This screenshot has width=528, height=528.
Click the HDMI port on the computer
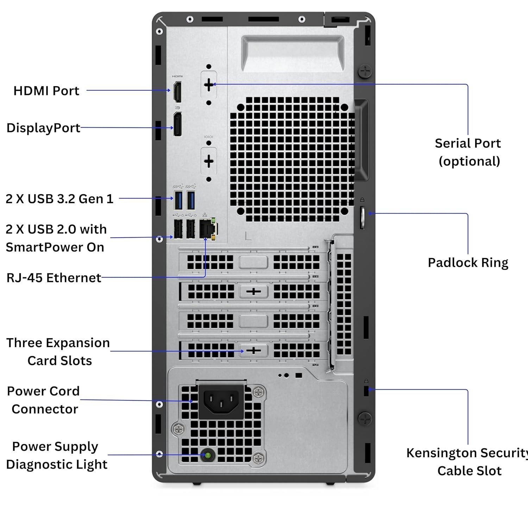coord(177,92)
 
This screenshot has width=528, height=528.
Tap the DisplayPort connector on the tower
coord(177,124)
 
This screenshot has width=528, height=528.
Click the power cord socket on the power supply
coord(221,402)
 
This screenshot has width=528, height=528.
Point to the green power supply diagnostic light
coord(208,455)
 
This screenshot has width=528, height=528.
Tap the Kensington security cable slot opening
coord(366,390)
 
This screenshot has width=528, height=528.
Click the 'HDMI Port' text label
coord(46,91)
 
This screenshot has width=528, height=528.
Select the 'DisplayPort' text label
coord(43,128)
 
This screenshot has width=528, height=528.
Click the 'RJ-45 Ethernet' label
coord(54,278)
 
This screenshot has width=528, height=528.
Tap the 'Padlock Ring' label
coord(468,263)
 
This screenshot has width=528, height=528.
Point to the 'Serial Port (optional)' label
coord(468,152)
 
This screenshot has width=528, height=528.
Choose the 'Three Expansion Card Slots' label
coord(58,352)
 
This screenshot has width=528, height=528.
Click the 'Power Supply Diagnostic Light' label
coord(56,455)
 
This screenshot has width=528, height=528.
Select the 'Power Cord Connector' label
coord(44,400)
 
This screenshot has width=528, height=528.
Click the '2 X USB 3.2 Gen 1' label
coord(59,199)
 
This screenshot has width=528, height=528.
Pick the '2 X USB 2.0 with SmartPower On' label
coord(56,238)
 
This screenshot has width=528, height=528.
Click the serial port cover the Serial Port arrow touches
coord(209,84)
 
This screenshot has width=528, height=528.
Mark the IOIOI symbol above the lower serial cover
coord(209,137)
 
